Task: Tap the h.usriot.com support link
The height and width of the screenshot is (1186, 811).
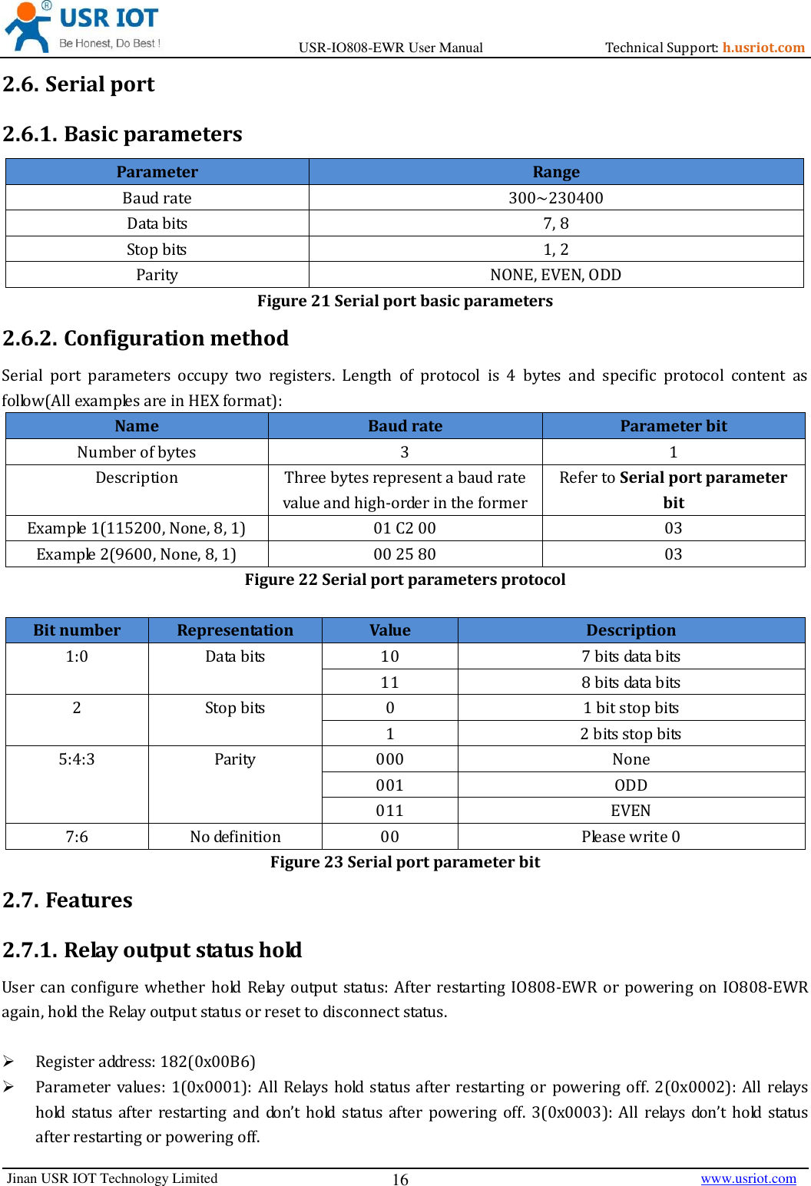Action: click(x=763, y=48)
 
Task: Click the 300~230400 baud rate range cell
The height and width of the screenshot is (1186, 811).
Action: click(x=555, y=198)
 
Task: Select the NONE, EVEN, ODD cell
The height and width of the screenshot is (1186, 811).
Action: click(x=555, y=275)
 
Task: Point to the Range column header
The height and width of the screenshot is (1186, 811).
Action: click(x=555, y=172)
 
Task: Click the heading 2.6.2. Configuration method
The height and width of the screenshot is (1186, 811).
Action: click(x=145, y=339)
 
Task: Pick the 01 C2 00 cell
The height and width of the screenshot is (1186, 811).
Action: click(x=404, y=528)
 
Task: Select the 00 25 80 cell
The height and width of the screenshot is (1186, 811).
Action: click(x=404, y=554)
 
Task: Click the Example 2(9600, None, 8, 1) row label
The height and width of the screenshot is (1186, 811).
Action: click(x=136, y=554)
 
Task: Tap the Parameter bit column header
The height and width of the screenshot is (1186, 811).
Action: click(x=673, y=426)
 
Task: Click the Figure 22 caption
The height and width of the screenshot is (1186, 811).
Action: click(x=405, y=580)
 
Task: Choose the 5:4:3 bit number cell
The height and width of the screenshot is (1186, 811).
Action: click(x=76, y=759)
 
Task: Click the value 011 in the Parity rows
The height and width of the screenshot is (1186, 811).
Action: click(x=389, y=811)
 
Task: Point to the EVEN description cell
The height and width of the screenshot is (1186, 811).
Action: click(x=631, y=811)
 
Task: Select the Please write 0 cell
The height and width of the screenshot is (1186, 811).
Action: click(x=631, y=837)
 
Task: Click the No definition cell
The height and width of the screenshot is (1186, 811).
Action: click(x=235, y=837)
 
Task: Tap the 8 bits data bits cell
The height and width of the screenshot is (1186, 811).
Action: click(x=631, y=682)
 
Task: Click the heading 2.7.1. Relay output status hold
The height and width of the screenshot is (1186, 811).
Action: click(x=152, y=950)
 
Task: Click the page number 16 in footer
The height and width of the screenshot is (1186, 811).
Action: click(x=400, y=1180)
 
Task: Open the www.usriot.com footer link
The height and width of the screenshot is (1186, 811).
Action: click(x=748, y=1178)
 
